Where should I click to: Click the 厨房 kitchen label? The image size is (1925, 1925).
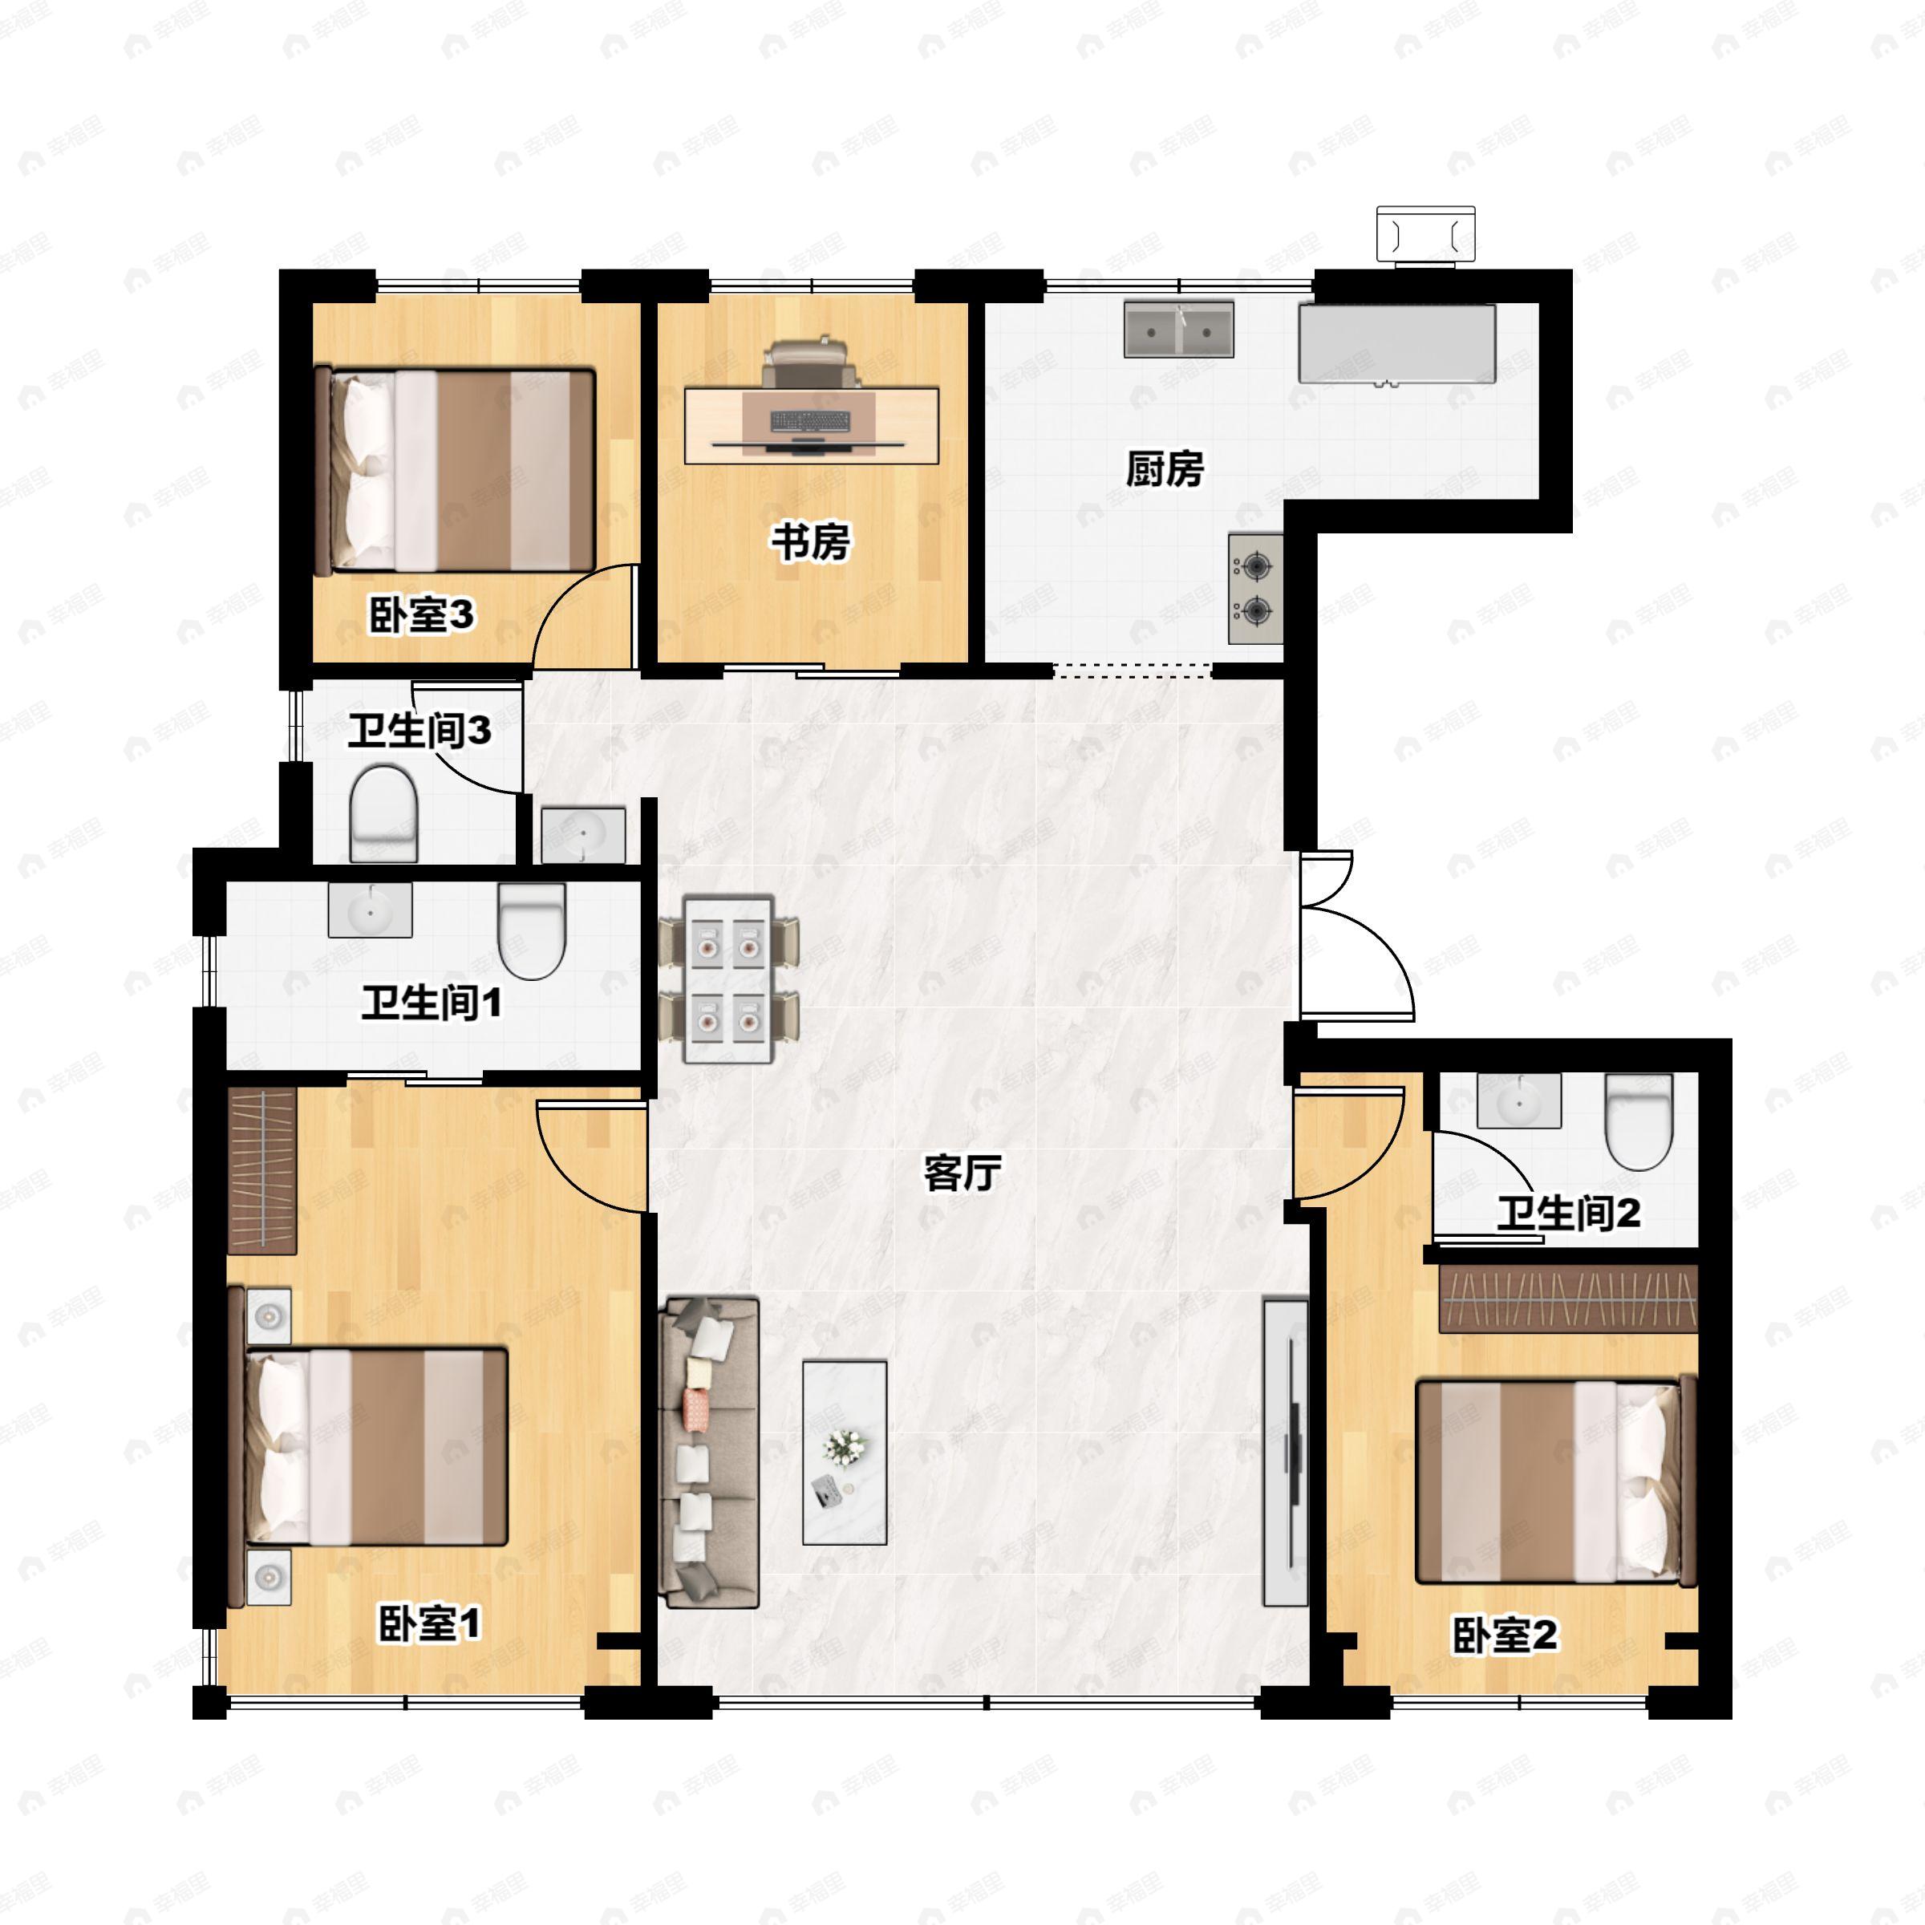click(1164, 468)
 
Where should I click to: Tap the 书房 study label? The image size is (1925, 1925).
click(810, 543)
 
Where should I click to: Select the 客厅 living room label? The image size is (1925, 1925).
click(962, 1173)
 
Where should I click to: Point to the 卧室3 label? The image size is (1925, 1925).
click(420, 614)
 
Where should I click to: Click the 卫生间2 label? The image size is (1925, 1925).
click(1568, 1213)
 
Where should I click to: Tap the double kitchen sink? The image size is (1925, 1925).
click(1179, 330)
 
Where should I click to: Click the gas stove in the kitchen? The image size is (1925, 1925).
click(1254, 589)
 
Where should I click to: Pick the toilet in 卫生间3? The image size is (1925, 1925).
click(383, 812)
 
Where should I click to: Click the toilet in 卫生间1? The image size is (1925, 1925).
click(531, 930)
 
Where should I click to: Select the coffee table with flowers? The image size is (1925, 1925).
click(845, 1453)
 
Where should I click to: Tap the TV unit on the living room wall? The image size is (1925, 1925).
click(1285, 1452)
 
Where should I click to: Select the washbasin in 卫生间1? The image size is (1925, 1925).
click(371, 910)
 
